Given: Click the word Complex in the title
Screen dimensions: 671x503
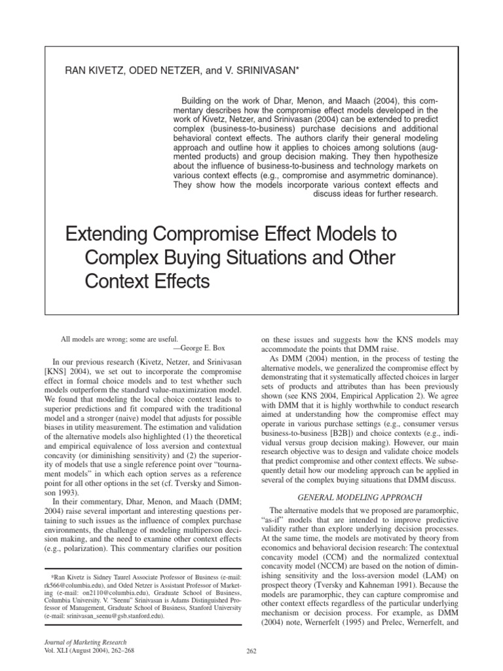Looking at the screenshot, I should pos(124,258).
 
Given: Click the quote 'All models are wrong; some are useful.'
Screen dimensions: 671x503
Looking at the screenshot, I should pos(119,339).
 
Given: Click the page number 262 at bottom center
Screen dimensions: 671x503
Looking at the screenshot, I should pos(251,650).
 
